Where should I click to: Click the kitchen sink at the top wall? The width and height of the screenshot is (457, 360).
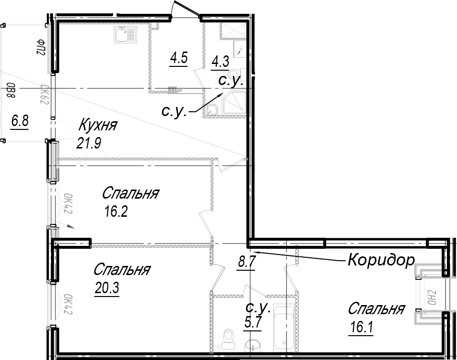(125, 35)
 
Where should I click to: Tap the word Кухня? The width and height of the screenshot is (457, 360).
(98, 126)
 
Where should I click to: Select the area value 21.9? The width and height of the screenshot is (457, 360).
(89, 143)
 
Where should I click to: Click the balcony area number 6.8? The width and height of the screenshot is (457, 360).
(20, 121)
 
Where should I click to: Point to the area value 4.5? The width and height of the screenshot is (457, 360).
(179, 58)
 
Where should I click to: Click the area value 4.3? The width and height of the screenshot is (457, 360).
(220, 62)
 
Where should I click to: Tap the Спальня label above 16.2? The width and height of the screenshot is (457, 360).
(130, 193)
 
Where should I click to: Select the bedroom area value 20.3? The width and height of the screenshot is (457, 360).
(106, 288)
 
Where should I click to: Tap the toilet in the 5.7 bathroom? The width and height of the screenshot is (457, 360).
(228, 339)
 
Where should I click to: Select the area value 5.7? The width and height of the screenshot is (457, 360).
(253, 323)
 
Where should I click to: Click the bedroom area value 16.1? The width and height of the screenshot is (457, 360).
(361, 328)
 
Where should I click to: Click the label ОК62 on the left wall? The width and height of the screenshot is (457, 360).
(45, 95)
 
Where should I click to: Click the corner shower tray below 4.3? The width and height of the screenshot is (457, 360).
(234, 104)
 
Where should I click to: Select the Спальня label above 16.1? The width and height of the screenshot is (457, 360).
(377, 309)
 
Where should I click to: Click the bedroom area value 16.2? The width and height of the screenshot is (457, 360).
(116, 212)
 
